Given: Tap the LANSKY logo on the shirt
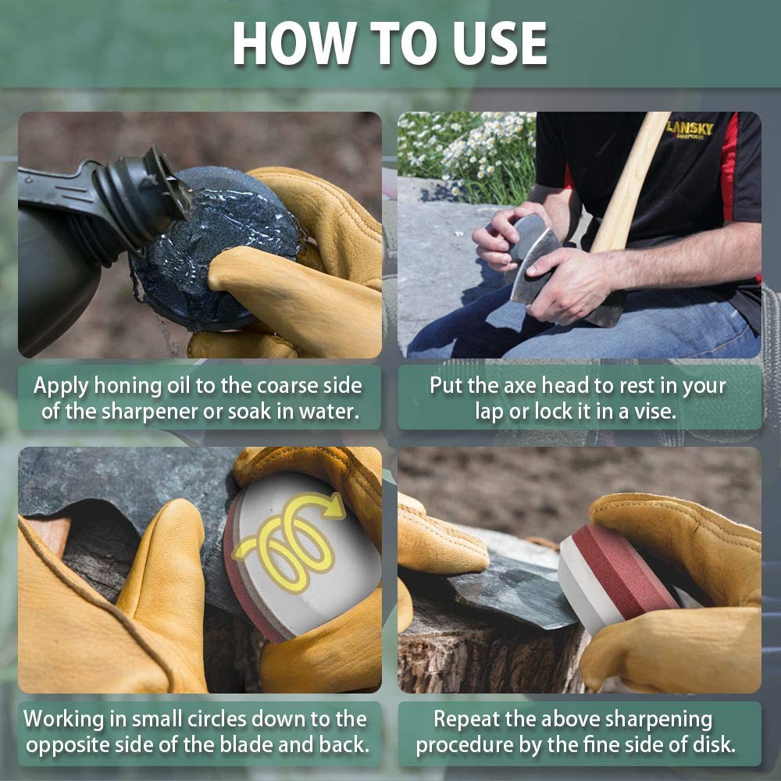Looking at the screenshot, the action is pyautogui.click(x=690, y=130).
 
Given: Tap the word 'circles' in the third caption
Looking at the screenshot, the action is pyautogui.click(x=216, y=719).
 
